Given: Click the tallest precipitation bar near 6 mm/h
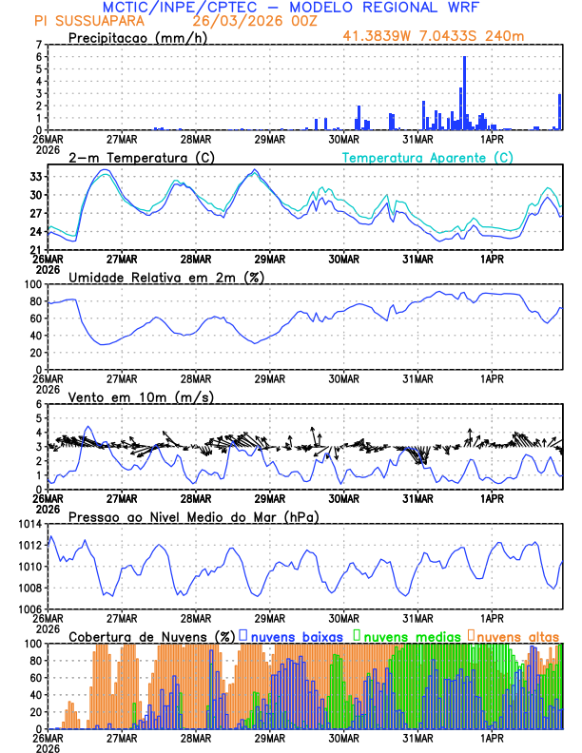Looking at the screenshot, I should (x=464, y=93).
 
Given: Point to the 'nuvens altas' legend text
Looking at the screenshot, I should (x=518, y=635).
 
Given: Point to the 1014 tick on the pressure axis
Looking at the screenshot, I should (x=30, y=525).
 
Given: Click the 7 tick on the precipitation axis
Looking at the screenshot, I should (x=40, y=45).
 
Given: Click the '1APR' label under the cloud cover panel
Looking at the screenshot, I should (x=492, y=737).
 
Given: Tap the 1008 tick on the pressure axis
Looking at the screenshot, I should (x=30, y=589).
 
